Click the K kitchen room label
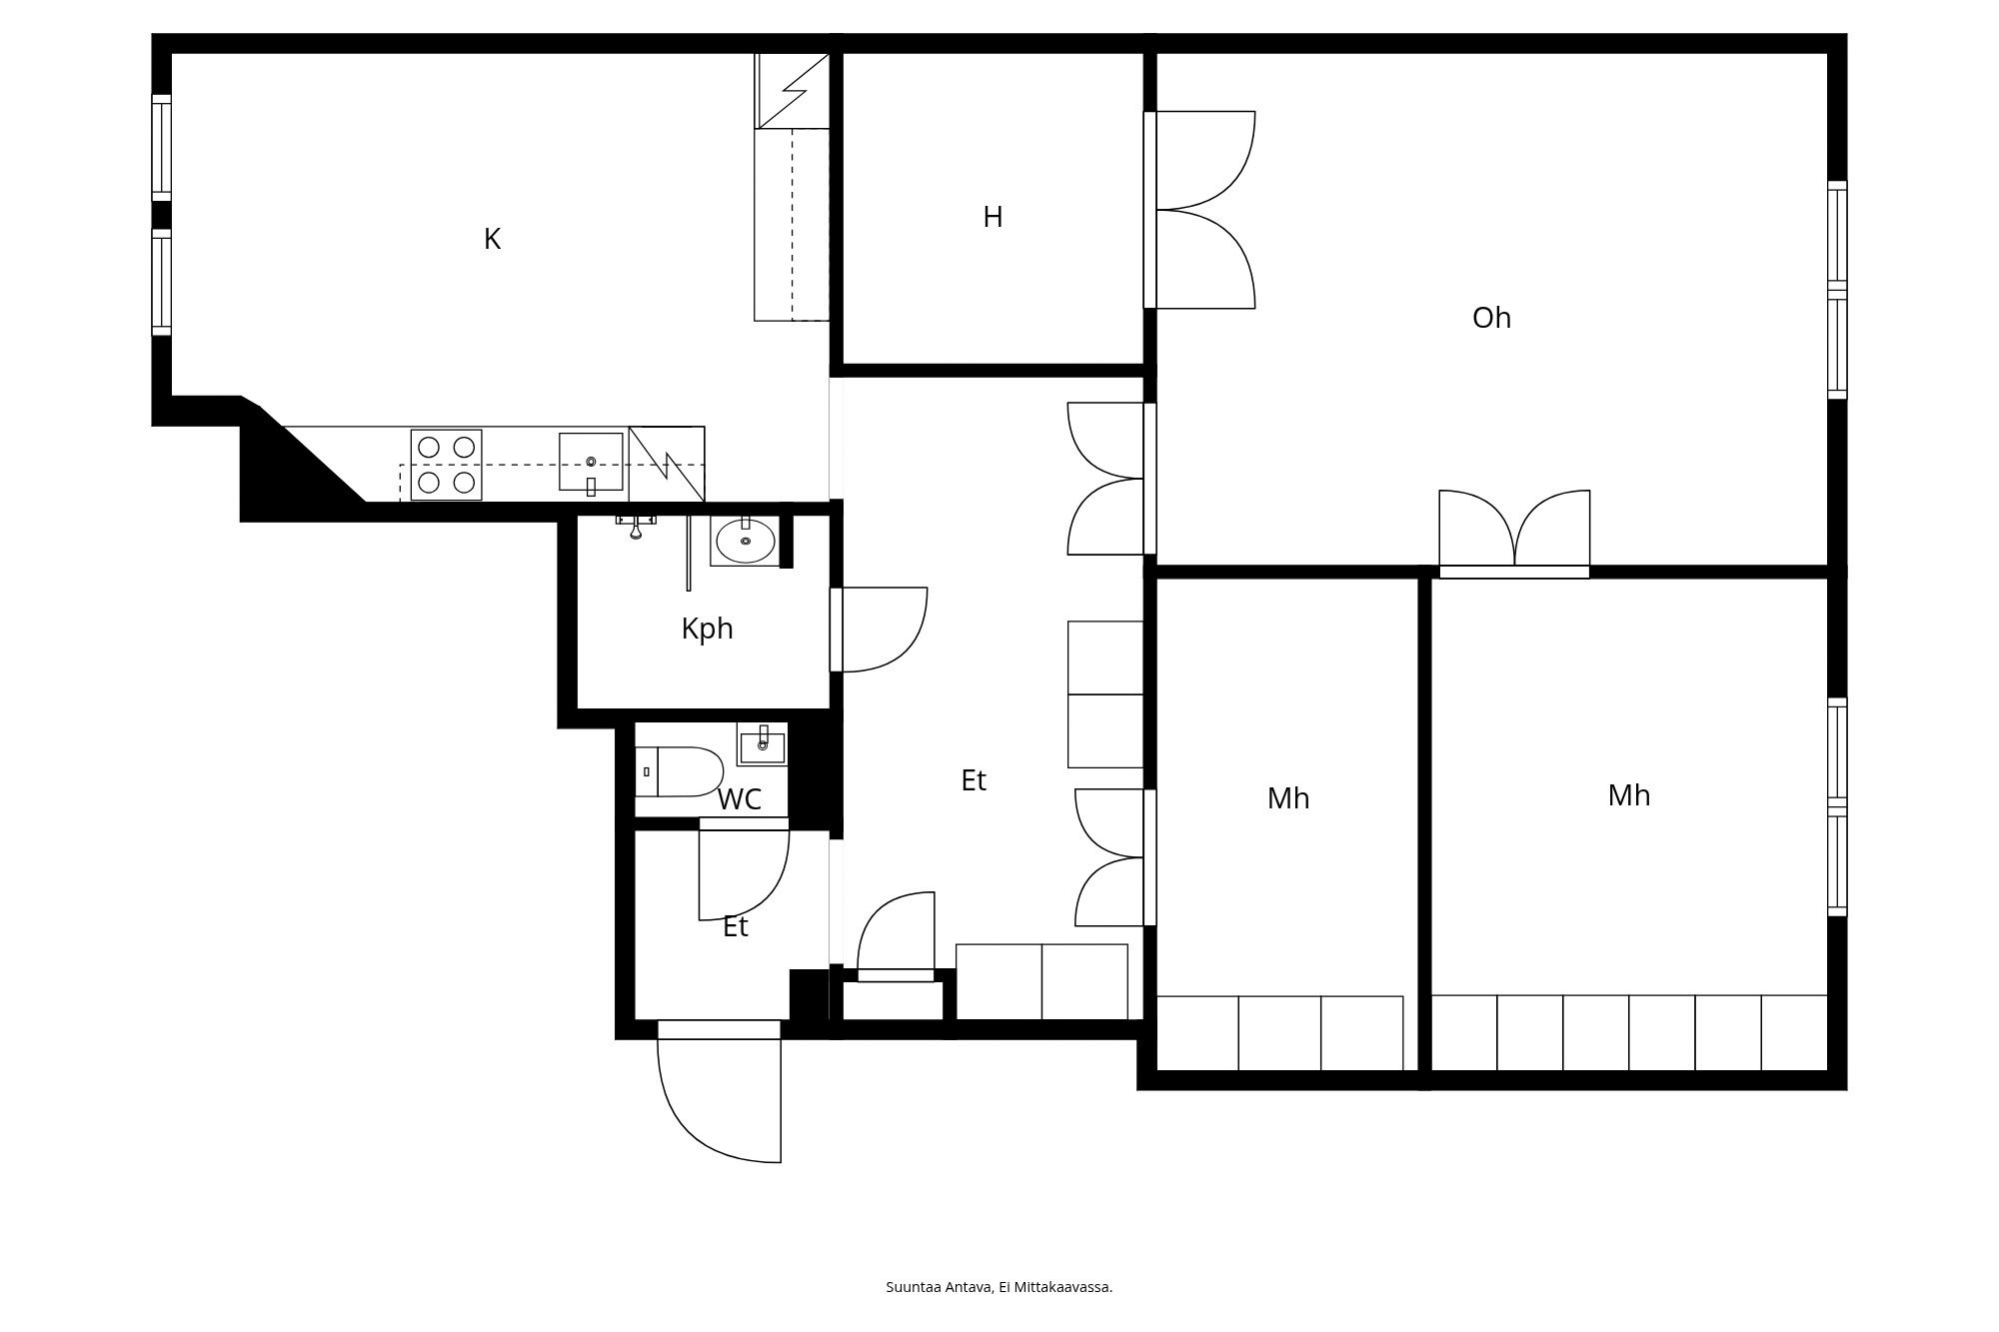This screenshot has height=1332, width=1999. coord(492,240)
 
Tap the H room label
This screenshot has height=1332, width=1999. coord(992,218)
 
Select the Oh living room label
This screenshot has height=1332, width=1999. coord(1491,319)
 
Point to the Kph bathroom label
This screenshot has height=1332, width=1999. coord(707,630)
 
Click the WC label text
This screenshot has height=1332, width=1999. coord(740,800)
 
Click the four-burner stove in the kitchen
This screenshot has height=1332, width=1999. coord(446,465)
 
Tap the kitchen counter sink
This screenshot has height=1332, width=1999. coord(591,463)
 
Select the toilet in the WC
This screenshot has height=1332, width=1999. coord(680,771)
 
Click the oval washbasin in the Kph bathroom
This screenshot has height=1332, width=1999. coord(745,542)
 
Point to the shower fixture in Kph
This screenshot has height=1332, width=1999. coord(636,526)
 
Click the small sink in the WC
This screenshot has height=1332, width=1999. coord(763,744)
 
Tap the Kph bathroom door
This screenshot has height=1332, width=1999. coord(880,630)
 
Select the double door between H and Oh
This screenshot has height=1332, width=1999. coord(1203,210)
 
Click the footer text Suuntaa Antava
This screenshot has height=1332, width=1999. coord(999,1287)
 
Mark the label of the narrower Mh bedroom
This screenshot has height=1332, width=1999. coord(1287,799)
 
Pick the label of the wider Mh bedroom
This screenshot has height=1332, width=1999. coord(1628,796)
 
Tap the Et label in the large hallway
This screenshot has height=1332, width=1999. coord(974,781)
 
